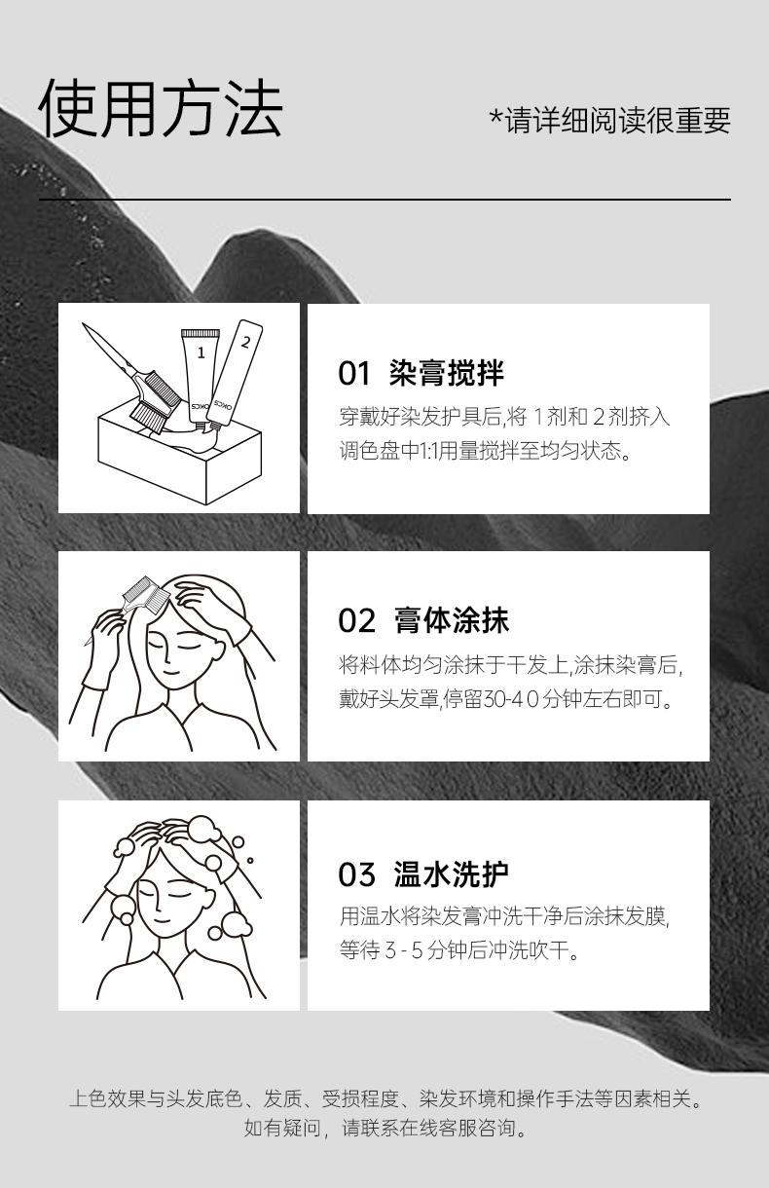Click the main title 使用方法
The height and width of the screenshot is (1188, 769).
(161, 109)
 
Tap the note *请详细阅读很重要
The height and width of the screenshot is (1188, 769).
(609, 120)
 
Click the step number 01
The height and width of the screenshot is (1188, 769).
(353, 373)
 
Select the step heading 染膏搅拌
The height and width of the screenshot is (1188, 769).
(446, 373)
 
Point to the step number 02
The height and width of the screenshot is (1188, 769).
(356, 620)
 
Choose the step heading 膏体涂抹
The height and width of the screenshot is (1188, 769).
(452, 620)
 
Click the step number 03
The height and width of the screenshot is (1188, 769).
(356, 874)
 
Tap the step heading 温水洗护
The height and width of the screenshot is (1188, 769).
(452, 874)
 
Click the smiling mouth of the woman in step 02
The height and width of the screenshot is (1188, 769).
(170, 672)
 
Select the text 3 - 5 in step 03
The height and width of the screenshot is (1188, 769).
(404, 950)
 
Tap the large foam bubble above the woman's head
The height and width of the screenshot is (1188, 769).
(203, 829)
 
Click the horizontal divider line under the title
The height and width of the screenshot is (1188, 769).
(385, 200)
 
